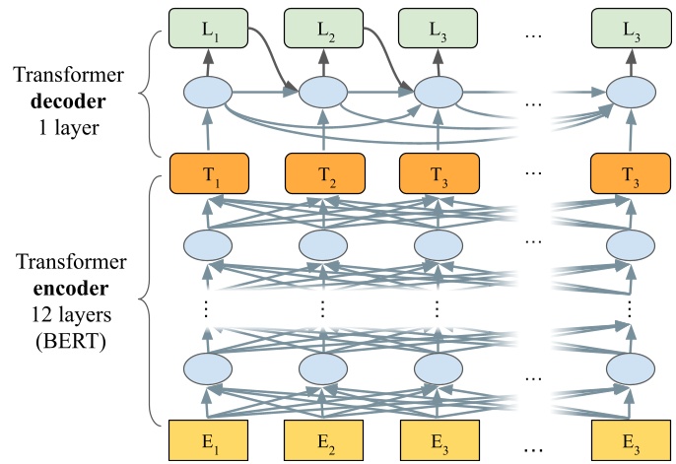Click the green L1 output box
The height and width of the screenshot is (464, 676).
[209, 28]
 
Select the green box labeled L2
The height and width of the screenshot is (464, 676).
[323, 28]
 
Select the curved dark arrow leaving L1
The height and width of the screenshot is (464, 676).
[264, 49]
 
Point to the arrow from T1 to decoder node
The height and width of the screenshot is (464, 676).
[209, 132]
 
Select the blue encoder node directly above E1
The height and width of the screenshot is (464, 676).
[209, 369]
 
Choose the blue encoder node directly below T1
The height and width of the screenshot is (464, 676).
[209, 243]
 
